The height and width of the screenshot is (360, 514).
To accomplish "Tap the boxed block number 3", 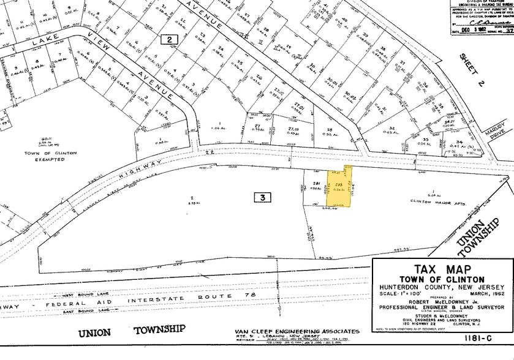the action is (261, 197).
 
